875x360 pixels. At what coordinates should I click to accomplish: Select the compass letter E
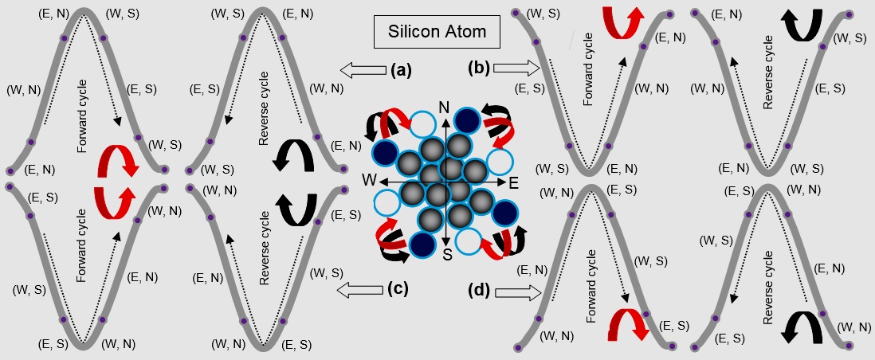click(x=513, y=182)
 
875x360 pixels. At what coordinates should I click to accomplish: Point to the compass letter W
click(x=368, y=179)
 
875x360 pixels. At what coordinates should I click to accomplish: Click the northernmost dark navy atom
click(x=467, y=122)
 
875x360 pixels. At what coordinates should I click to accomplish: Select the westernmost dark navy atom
click(x=384, y=151)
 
